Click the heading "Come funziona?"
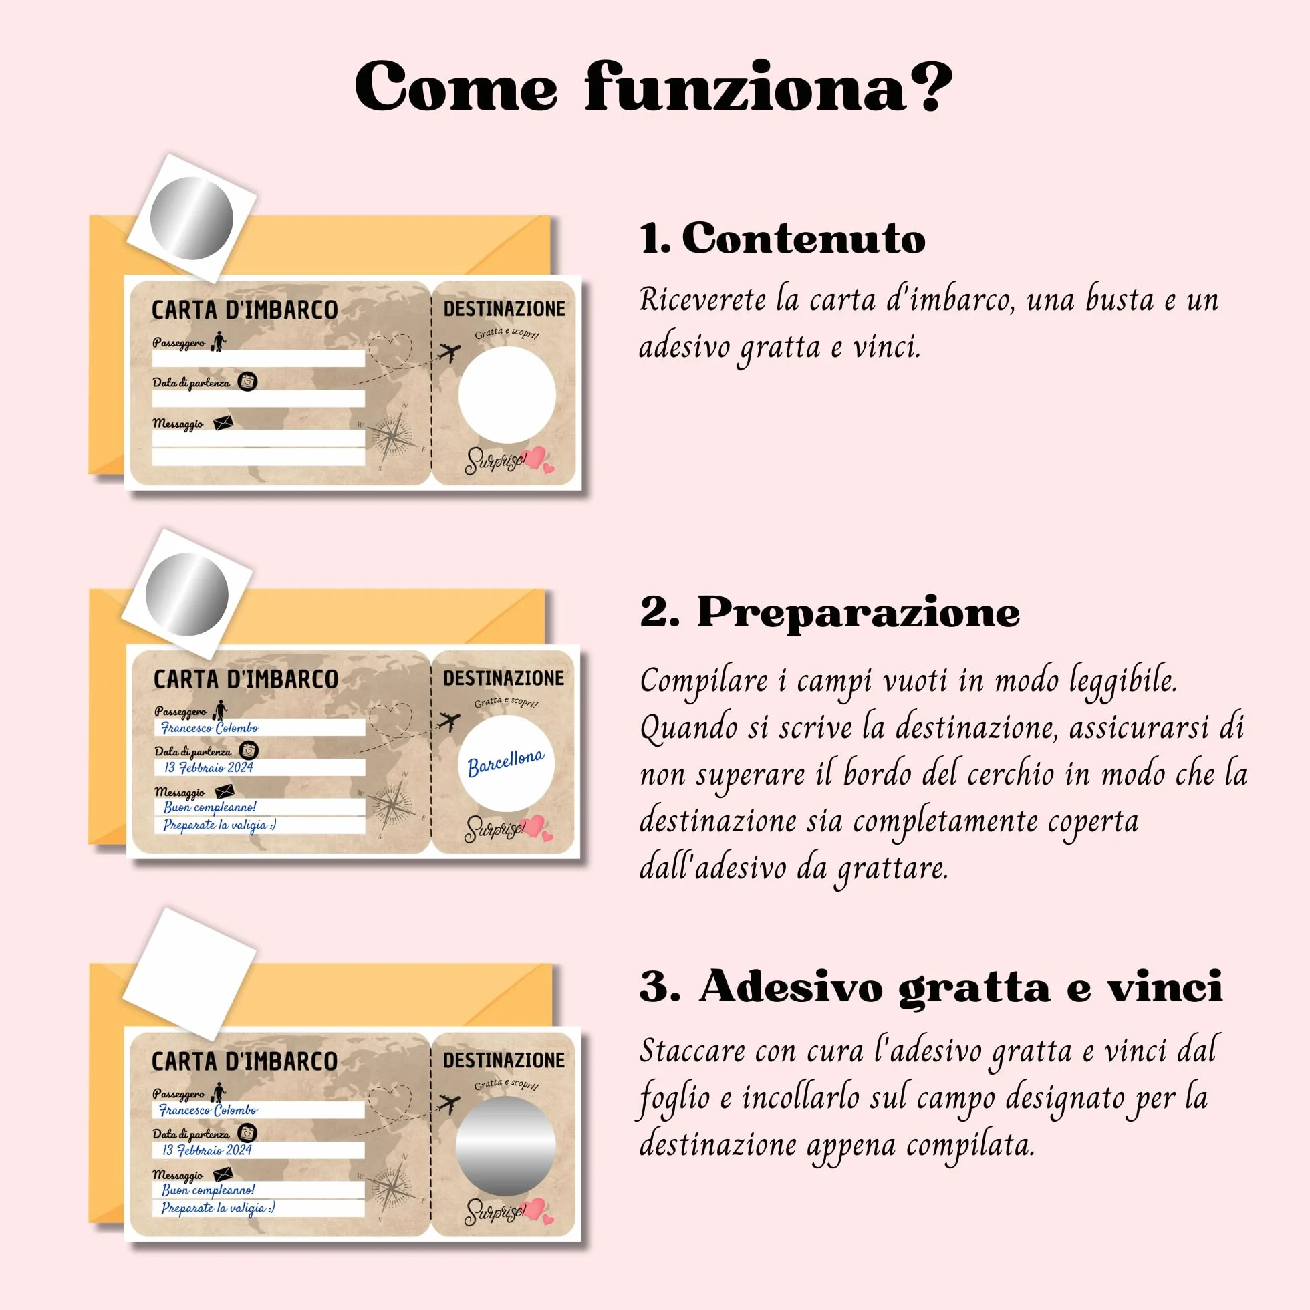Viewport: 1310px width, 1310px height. click(x=653, y=86)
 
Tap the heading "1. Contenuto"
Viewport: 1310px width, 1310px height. click(x=783, y=239)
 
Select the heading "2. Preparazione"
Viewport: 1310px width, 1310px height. click(x=830, y=613)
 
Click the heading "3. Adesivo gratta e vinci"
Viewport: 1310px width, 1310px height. click(x=931, y=987)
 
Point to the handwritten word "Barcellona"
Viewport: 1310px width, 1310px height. click(x=506, y=762)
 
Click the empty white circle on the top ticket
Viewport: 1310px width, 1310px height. click(x=507, y=394)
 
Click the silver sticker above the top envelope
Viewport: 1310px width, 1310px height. click(x=191, y=219)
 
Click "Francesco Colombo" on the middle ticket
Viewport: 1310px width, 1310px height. click(x=209, y=729)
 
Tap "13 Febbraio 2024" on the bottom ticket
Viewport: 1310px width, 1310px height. click(x=207, y=1150)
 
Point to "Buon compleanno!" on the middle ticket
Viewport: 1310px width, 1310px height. click(x=210, y=807)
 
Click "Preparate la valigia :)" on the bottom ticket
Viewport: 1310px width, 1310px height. click(x=219, y=1208)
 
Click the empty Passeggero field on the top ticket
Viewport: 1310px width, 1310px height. click(x=259, y=359)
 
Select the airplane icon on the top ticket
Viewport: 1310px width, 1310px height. click(x=449, y=353)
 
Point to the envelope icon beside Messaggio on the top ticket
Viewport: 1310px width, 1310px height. click(x=223, y=423)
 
